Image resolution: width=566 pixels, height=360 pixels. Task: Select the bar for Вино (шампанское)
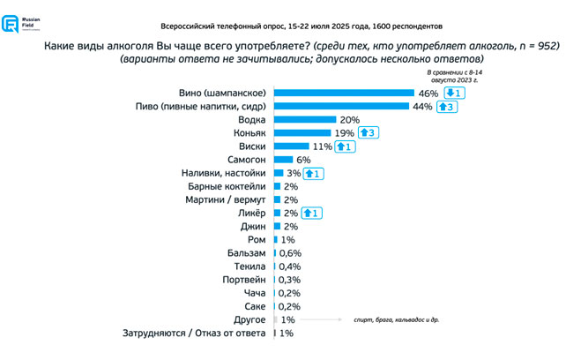pos(344,92)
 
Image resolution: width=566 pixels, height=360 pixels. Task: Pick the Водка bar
pos(305,119)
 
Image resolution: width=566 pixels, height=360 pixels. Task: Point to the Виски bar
pos(291,146)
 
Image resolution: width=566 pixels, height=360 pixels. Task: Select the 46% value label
pos(428,92)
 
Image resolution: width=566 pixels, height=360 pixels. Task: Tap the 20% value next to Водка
pos(350,119)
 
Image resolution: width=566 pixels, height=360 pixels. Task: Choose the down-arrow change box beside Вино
pos(454,92)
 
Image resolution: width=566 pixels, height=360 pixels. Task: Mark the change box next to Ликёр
pos(312,214)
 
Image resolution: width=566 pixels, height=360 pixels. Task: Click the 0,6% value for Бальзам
pos(293,253)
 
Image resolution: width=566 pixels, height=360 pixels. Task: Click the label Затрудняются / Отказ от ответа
pos(193,334)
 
